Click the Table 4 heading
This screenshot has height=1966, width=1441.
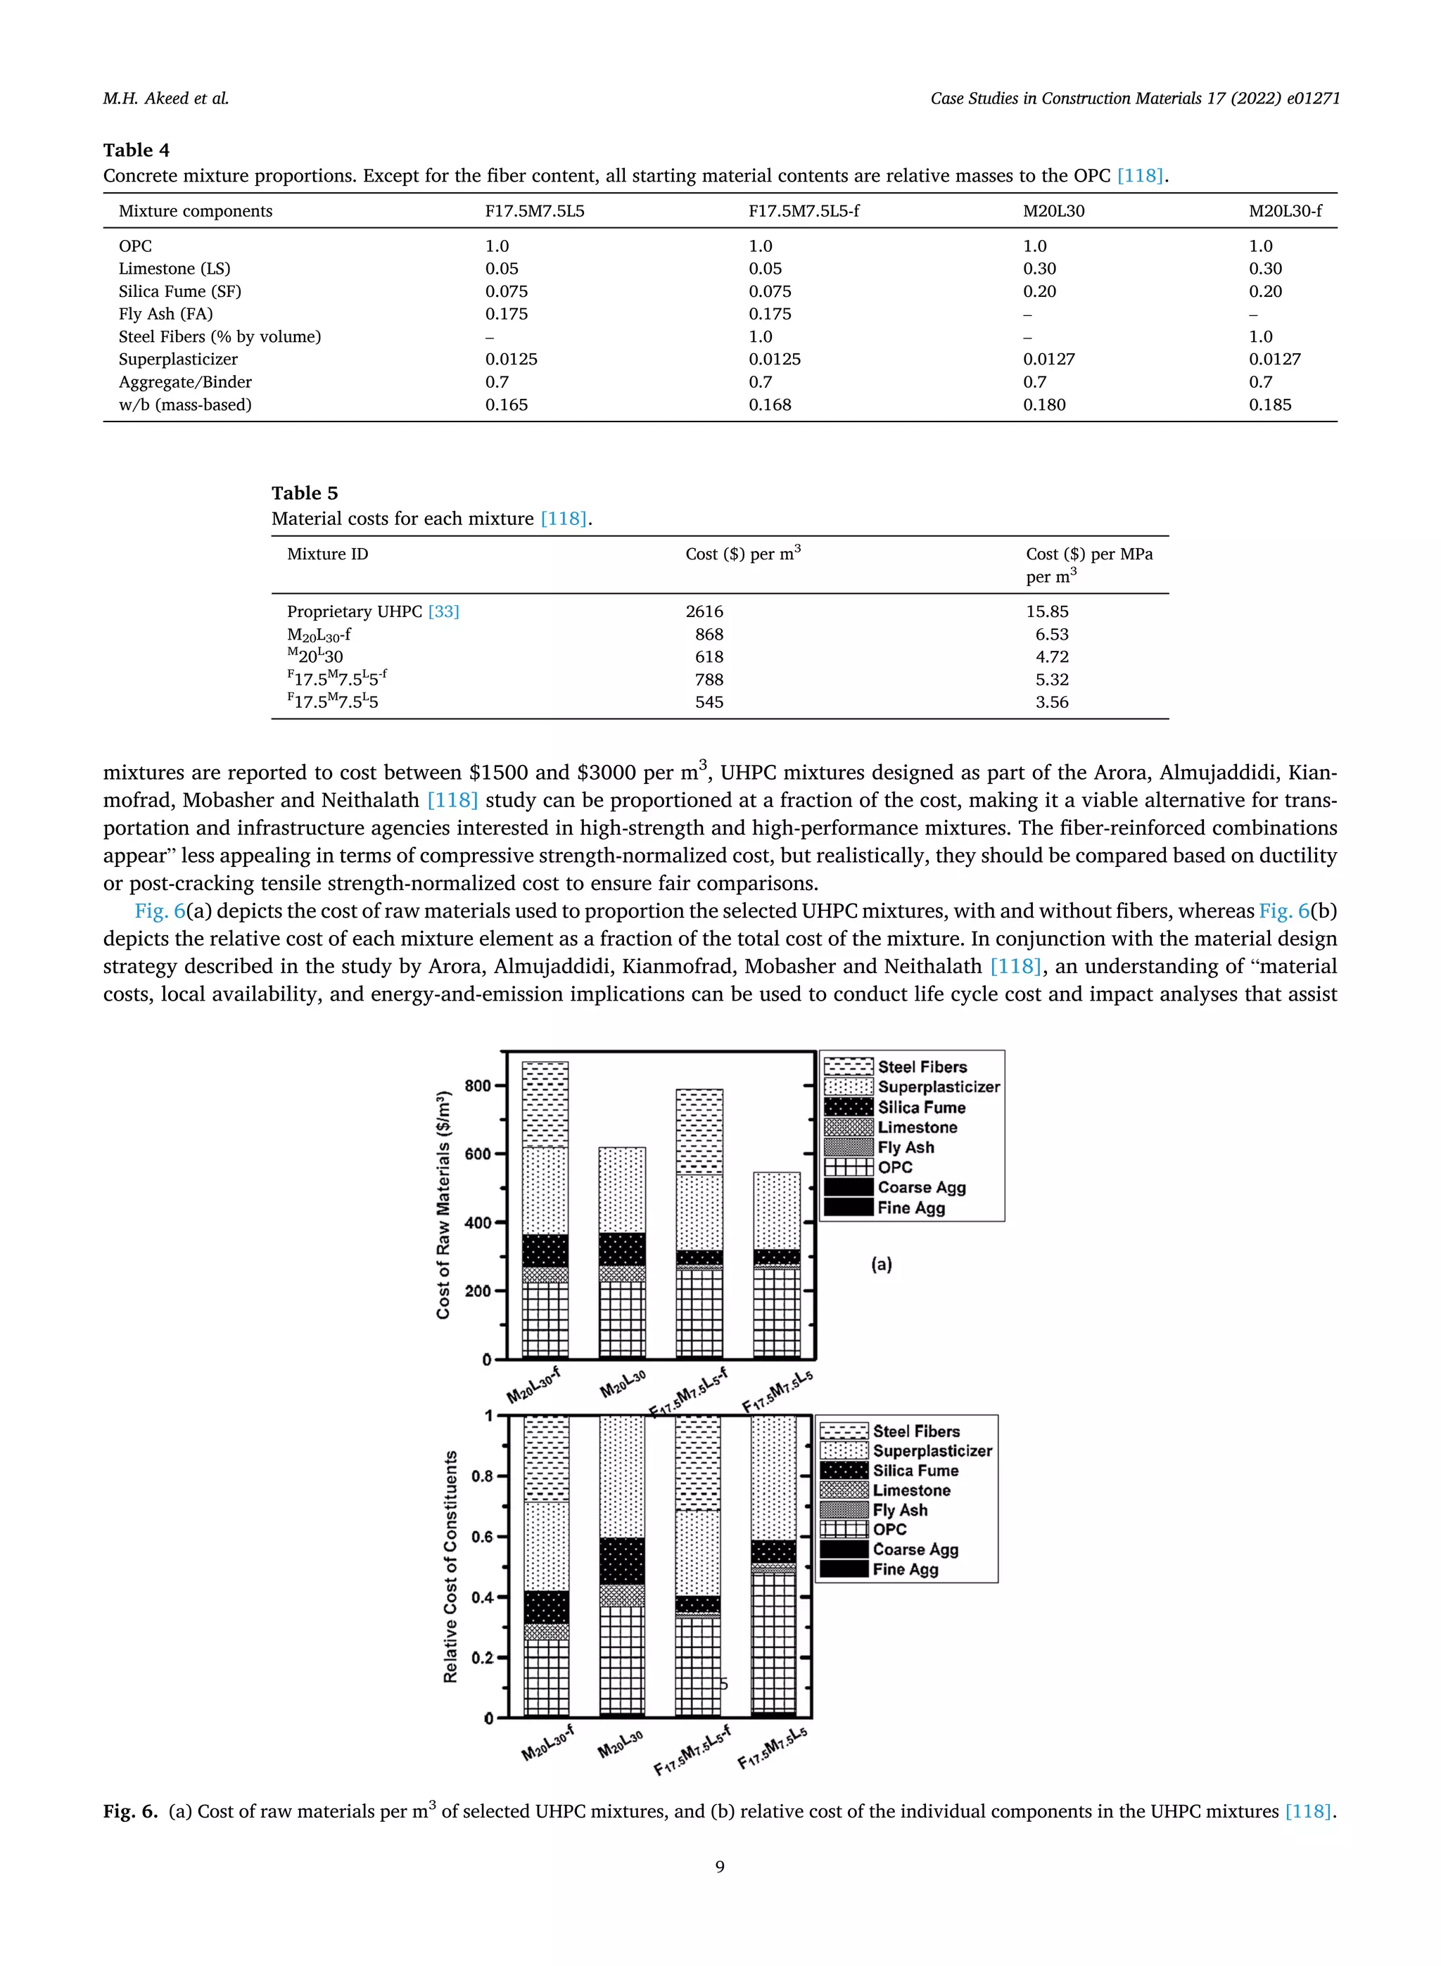[136, 150]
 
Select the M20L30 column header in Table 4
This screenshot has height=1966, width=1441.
[1054, 211]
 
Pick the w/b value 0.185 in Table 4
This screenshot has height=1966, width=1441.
[1269, 405]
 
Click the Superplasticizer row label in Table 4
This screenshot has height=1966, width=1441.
[178, 360]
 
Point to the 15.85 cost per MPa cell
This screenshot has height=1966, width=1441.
[1047, 611]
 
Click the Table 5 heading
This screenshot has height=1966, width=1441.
[305, 493]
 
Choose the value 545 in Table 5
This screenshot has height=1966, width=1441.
[709, 702]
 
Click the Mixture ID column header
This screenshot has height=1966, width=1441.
[327, 554]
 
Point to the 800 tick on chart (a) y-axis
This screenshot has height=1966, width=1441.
[477, 1086]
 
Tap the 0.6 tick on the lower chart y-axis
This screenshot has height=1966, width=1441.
[483, 1537]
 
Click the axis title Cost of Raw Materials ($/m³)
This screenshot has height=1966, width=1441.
[444, 1205]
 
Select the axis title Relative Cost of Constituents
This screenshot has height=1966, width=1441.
[450, 1566]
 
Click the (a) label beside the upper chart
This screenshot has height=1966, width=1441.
[881, 1264]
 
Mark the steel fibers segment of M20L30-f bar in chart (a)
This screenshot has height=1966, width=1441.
[545, 1103]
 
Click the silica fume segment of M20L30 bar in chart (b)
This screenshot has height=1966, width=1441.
[622, 1561]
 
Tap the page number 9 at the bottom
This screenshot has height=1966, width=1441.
[720, 1867]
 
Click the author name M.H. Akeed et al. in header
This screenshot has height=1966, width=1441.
[166, 99]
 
